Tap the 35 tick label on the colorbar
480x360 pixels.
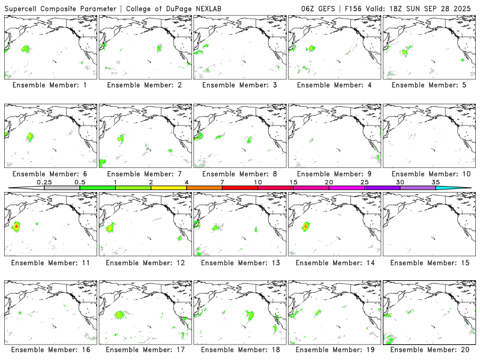[x=436, y=182]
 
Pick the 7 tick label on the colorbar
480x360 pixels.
[x=222, y=182]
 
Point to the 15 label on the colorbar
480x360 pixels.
[x=293, y=182]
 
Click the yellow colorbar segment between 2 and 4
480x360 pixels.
[x=169, y=188]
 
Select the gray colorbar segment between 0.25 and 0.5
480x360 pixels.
[x=62, y=188]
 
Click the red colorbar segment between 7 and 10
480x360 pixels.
[x=240, y=188]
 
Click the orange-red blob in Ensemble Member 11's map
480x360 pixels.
[x=16, y=226]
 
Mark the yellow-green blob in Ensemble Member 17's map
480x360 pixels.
[x=119, y=314]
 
